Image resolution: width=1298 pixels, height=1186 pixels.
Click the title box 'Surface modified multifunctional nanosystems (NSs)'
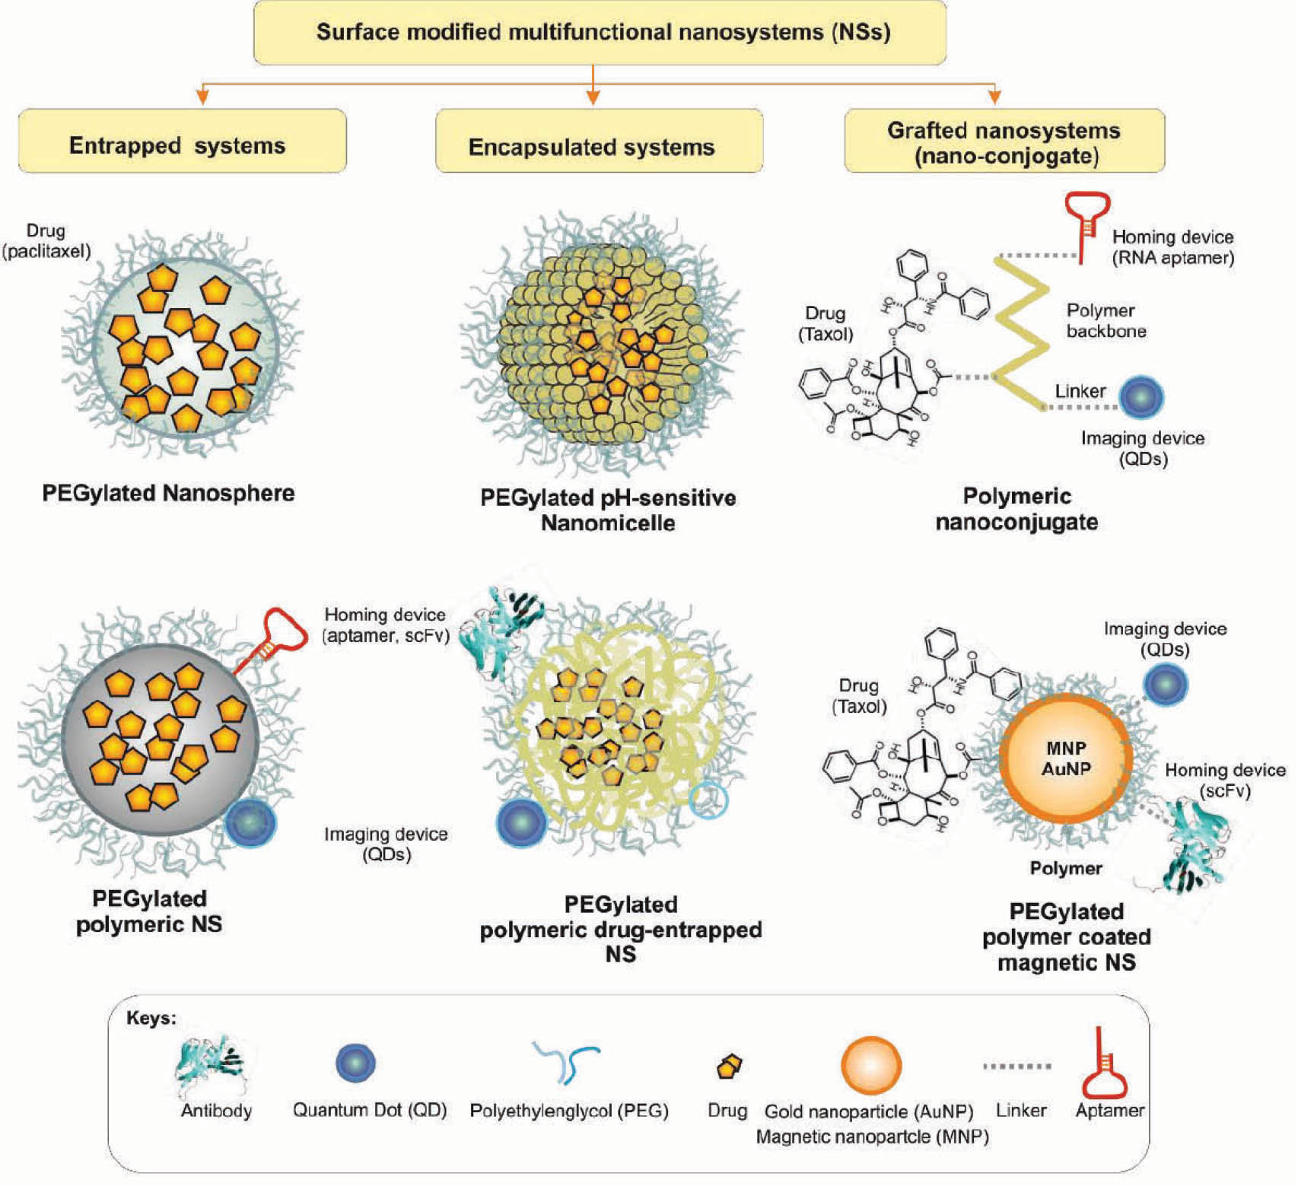[600, 33]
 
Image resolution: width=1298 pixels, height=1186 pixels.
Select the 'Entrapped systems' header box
[182, 141]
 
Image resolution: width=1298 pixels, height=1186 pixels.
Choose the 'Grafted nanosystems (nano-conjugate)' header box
[1004, 141]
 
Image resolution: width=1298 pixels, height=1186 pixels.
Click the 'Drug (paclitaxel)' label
[46, 240]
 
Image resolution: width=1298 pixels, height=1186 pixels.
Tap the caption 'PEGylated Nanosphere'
[168, 493]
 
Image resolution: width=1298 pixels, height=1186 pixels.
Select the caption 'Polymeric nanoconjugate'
[1016, 509]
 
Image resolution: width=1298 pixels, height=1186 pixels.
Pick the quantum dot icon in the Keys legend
[355, 1063]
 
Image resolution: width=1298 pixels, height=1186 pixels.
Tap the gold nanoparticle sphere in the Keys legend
[870, 1066]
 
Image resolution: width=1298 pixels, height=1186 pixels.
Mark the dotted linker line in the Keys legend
[1016, 1067]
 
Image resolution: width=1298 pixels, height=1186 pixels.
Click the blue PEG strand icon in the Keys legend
[568, 1061]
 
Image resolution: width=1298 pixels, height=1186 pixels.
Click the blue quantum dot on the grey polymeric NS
[250, 822]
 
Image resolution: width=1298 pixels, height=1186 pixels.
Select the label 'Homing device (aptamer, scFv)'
[385, 625]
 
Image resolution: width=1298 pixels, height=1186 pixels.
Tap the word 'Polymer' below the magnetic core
[1065, 868]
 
